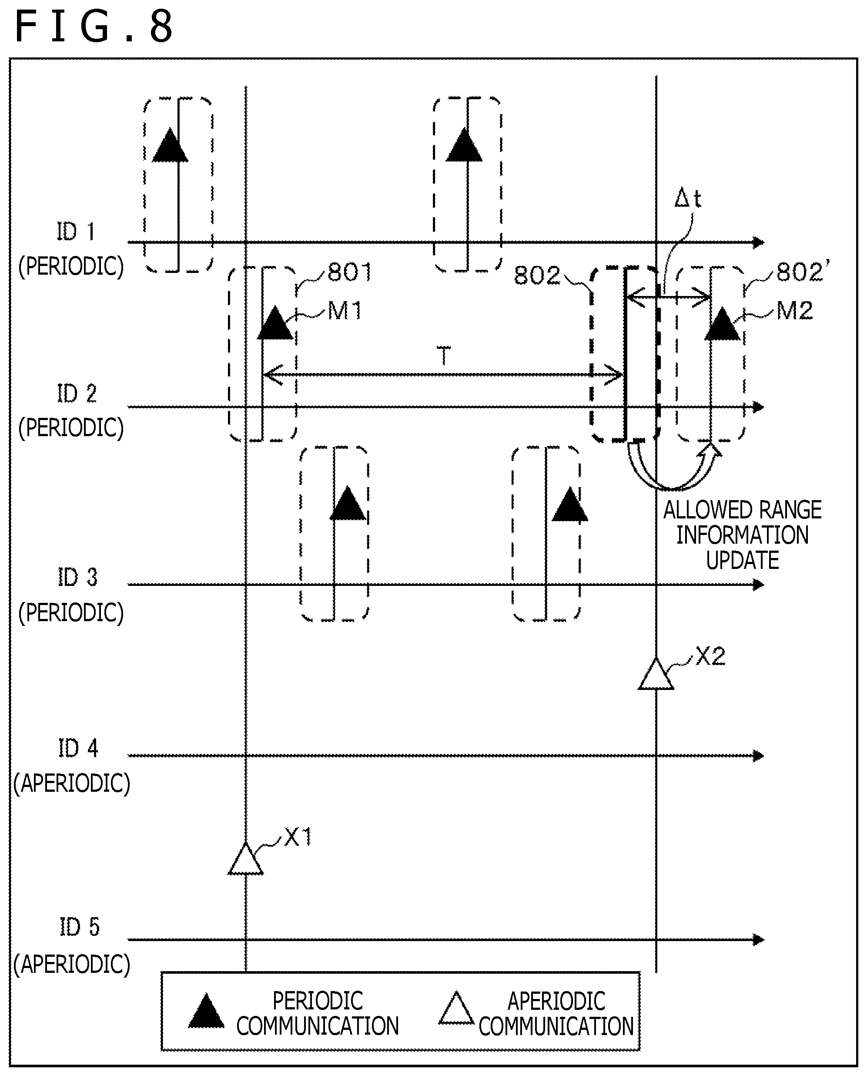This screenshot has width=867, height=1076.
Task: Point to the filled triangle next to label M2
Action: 722,324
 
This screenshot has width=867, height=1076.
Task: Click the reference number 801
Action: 350,272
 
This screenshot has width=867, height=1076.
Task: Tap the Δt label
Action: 688,198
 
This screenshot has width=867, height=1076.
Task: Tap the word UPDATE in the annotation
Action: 742,560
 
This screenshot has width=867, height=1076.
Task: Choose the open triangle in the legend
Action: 456,1008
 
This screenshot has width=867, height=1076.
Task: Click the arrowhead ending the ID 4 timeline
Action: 759,756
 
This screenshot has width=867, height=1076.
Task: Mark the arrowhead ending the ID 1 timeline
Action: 759,242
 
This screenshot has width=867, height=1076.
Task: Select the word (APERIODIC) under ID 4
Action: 72,783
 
